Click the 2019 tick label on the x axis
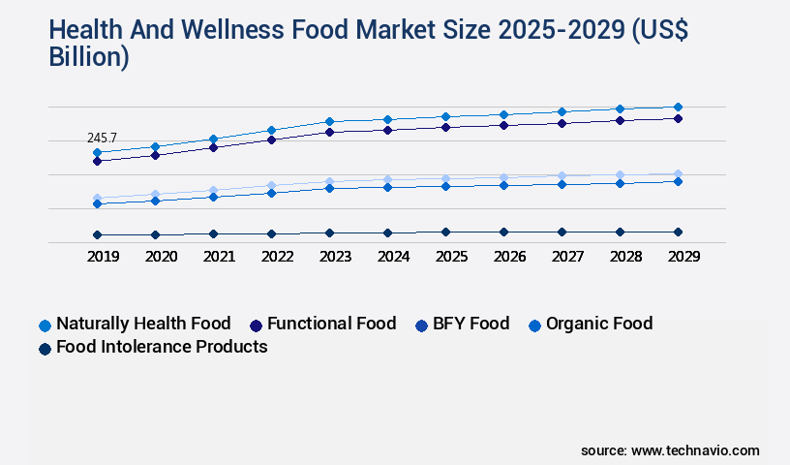pos(97,257)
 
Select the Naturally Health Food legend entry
pos(143,324)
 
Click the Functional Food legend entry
pos(331,324)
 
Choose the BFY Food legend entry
pos(469,324)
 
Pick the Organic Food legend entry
pos(598,324)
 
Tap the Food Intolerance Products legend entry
pos(162,347)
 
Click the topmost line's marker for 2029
pos(678,107)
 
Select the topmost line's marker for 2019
pos(97,152)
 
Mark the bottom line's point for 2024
pos(387,232)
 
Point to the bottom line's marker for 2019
pos(97,234)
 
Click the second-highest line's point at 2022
pos(271,139)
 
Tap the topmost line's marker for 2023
pos(329,121)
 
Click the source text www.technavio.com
pos(695,450)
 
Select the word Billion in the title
pos(88,56)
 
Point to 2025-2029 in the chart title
pos(558,31)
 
